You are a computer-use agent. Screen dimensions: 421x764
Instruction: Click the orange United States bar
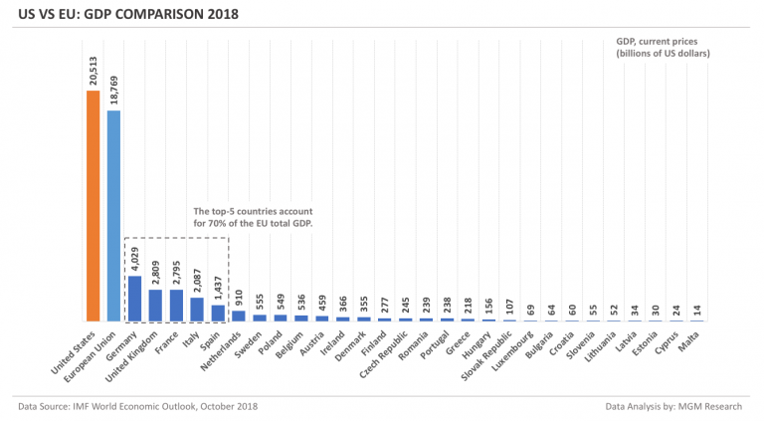tap(93, 206)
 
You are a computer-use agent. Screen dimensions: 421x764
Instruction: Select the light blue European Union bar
tap(113, 215)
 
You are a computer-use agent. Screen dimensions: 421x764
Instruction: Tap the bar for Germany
tap(134, 299)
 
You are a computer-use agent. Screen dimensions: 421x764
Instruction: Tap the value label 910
tap(239, 298)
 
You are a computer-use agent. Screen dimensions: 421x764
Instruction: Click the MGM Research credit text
tap(675, 406)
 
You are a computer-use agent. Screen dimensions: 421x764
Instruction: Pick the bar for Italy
tap(197, 310)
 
